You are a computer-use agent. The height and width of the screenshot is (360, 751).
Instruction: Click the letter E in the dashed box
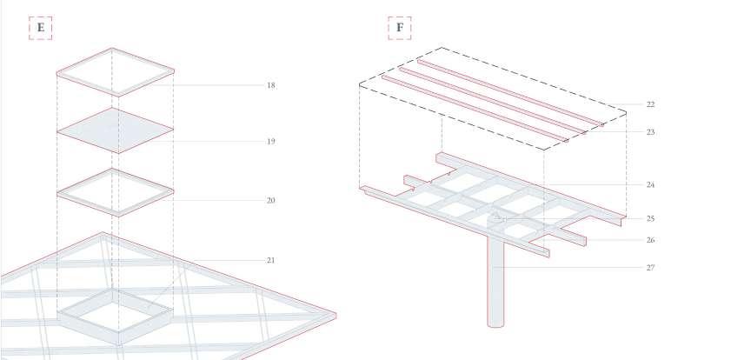tap(40, 28)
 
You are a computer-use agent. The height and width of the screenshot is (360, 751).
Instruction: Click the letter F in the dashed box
tap(400, 28)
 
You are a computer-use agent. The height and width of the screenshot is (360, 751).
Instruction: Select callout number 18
tap(270, 85)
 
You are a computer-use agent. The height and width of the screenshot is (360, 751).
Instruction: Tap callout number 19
tap(270, 141)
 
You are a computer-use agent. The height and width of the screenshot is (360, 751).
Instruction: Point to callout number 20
tap(270, 201)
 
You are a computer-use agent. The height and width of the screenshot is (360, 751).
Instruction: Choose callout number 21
tap(270, 260)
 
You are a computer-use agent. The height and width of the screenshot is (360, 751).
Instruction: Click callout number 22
tap(650, 104)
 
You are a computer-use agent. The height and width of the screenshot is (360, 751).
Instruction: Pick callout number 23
tap(650, 132)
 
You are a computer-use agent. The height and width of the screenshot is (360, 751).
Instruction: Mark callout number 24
tap(650, 184)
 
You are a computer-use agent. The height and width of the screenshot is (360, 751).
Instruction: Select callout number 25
tap(650, 218)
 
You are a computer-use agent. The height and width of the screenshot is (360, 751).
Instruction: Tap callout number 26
tap(650, 240)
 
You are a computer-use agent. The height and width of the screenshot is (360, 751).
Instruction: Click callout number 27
tap(650, 268)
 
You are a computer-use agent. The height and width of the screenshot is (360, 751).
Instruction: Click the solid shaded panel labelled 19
tap(114, 132)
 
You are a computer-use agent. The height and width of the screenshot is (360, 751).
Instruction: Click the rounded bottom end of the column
tap(495, 323)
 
